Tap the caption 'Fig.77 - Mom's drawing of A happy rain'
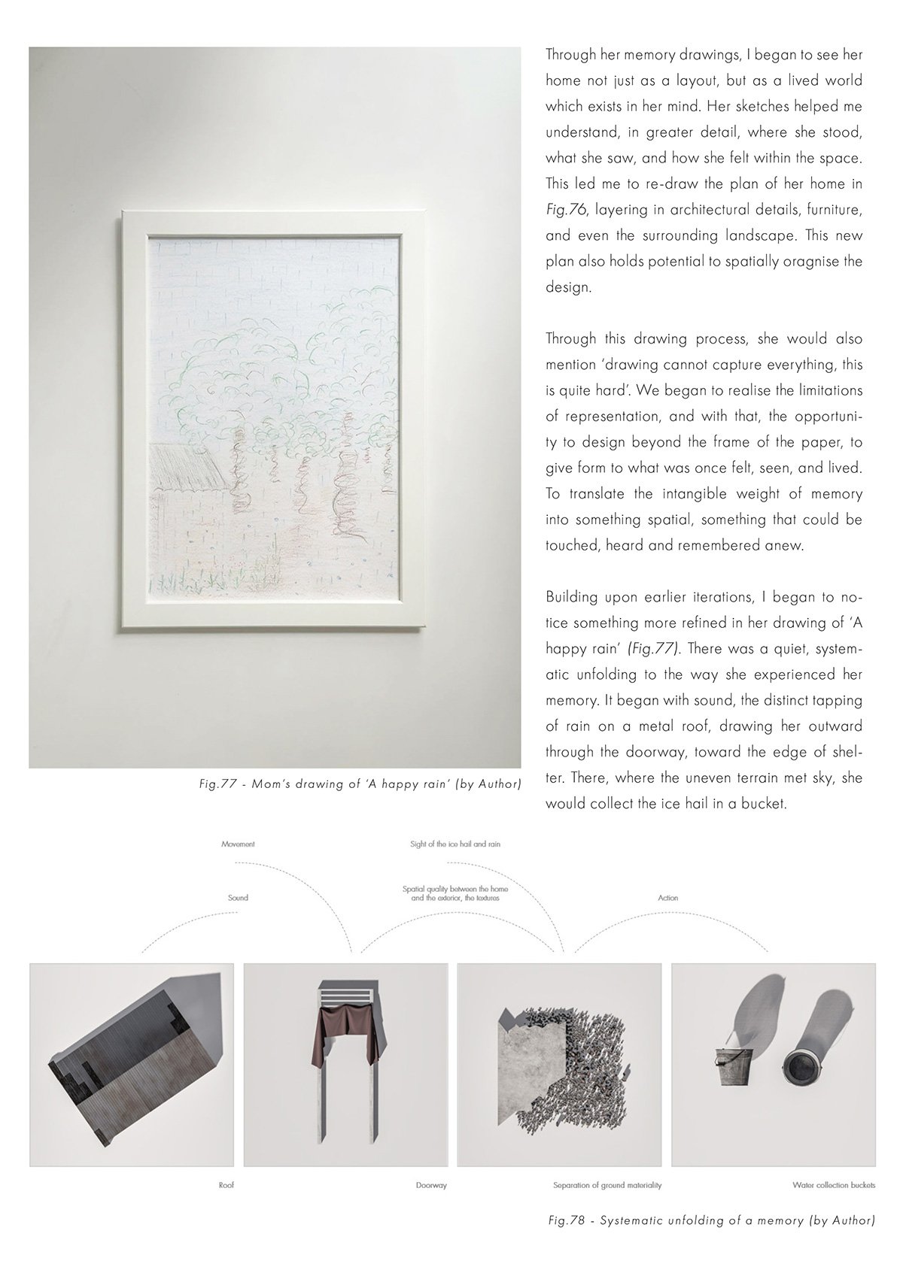coord(357,785)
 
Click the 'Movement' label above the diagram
coord(238,844)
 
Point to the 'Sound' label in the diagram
coord(238,898)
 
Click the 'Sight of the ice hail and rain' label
coord(455,844)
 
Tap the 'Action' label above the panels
coord(667,898)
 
